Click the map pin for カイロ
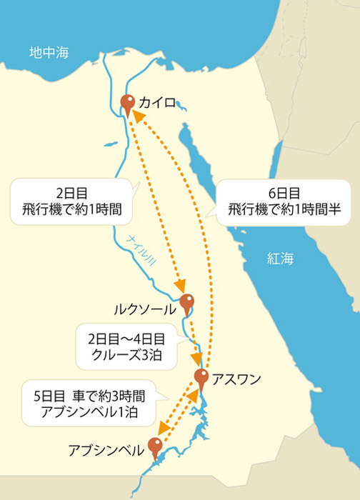click(129, 103)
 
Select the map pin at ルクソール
click(187, 302)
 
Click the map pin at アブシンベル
click(156, 446)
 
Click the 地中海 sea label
click(46, 52)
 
